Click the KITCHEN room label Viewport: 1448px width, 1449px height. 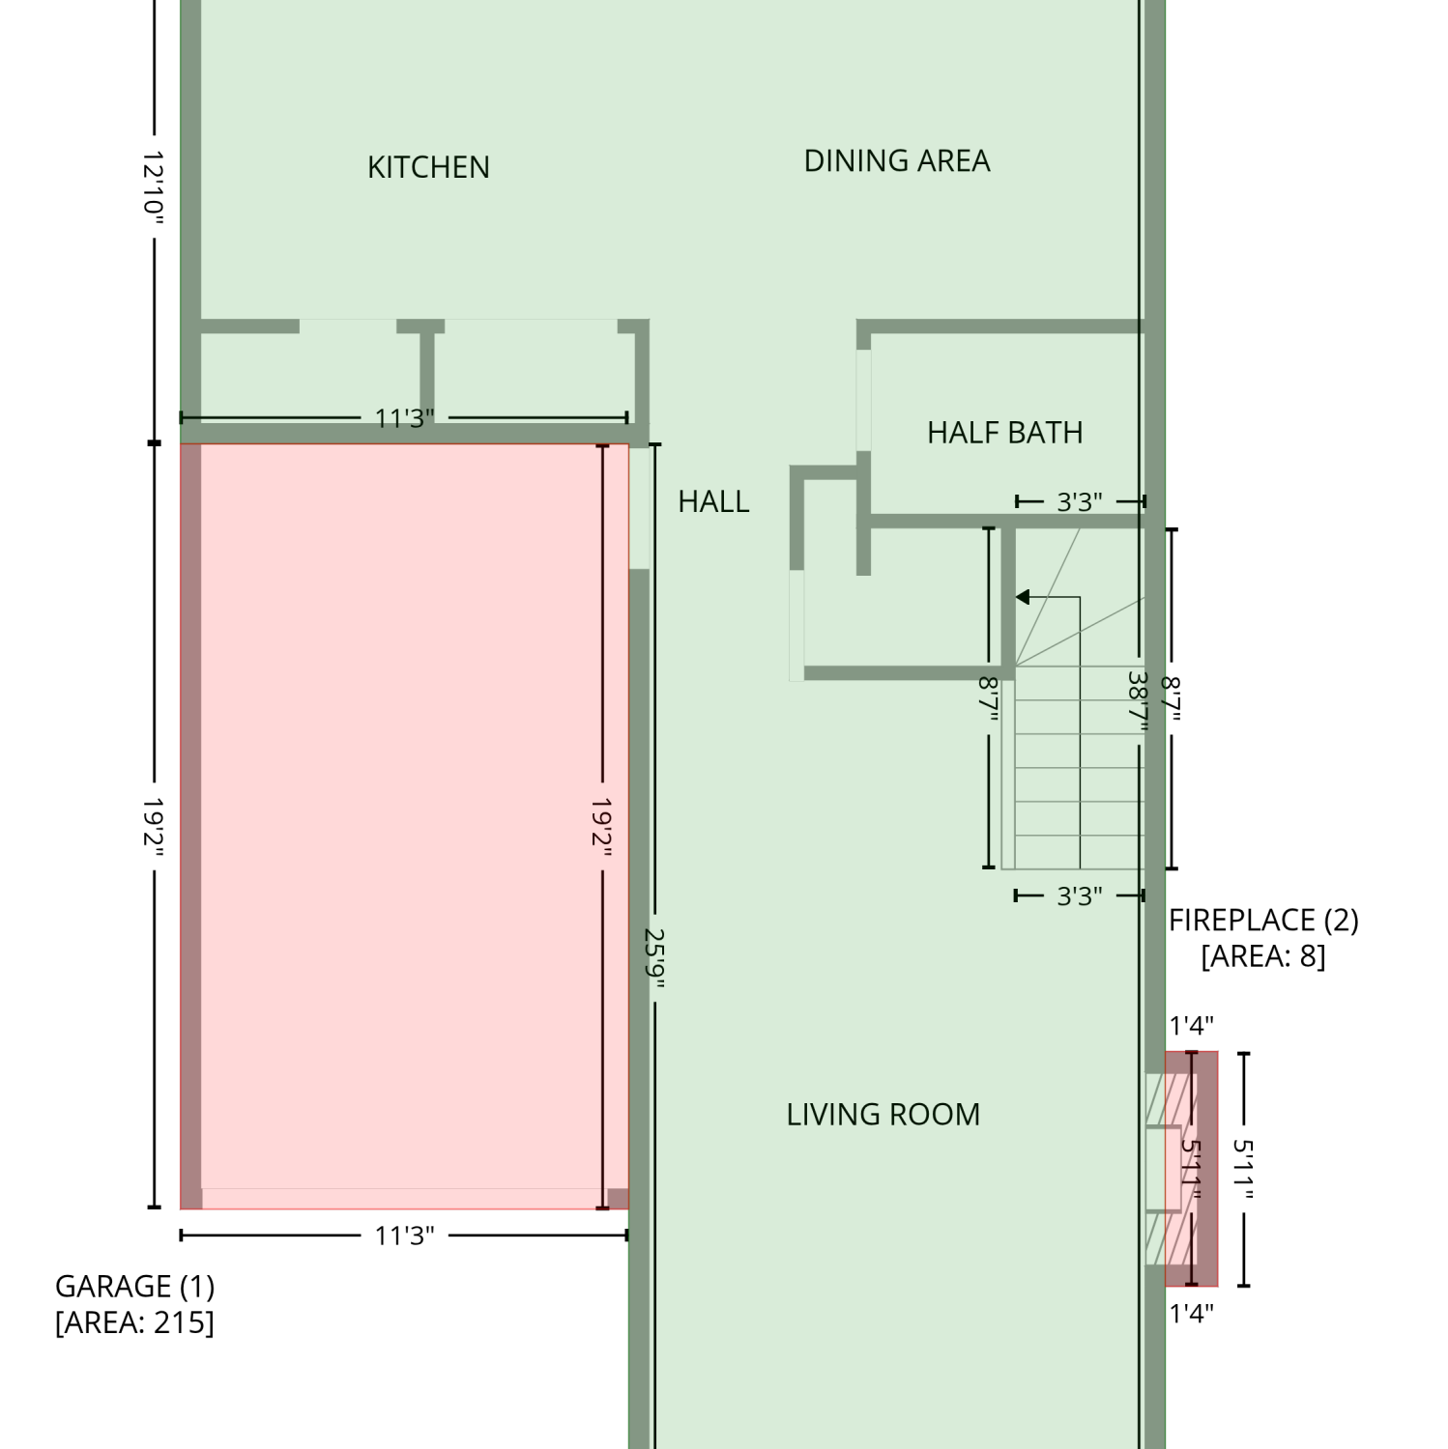[x=428, y=167]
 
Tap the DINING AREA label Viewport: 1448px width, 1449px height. [x=897, y=160]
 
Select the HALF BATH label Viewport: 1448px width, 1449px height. [x=1005, y=432]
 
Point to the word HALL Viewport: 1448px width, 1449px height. [x=713, y=501]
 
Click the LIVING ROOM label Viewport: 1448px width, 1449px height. [x=883, y=1115]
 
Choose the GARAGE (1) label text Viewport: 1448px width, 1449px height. [x=135, y=1286]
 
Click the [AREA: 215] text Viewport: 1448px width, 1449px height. [x=135, y=1321]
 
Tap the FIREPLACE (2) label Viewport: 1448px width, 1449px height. [x=1263, y=920]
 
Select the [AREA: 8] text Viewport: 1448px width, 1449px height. [x=1263, y=956]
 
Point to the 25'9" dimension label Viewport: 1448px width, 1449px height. [x=655, y=960]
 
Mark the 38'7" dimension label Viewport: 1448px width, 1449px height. [x=1139, y=703]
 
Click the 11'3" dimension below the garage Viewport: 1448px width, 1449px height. [x=404, y=1236]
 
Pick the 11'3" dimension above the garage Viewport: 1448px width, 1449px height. [x=404, y=418]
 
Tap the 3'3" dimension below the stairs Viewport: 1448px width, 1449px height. [x=1079, y=896]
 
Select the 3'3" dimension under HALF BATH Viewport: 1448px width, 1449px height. [x=1079, y=502]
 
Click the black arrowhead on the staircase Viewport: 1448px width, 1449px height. [x=1022, y=597]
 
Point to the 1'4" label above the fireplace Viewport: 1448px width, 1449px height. [x=1191, y=1026]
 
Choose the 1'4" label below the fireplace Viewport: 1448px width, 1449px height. [x=1191, y=1314]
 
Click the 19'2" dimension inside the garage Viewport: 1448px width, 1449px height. [x=602, y=823]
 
